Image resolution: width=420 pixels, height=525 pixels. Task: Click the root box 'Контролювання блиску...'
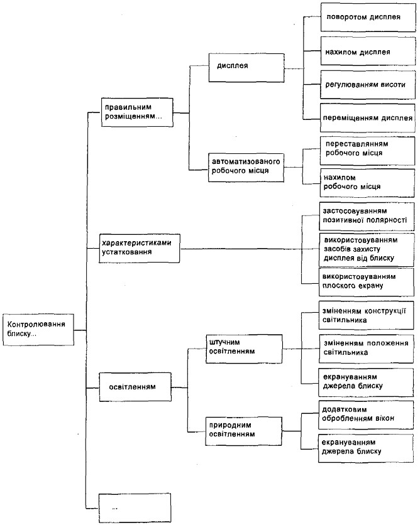click(x=38, y=330)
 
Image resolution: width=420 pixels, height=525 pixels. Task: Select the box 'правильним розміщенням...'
click(x=137, y=112)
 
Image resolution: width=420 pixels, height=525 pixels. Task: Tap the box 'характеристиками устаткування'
click(x=140, y=248)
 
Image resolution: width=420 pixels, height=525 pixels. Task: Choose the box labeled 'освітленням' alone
click(x=135, y=387)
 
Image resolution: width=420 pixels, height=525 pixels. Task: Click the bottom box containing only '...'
click(x=135, y=507)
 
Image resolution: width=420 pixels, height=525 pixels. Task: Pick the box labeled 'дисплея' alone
click(x=246, y=67)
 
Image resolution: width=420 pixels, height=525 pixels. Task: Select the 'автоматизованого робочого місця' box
click(x=246, y=167)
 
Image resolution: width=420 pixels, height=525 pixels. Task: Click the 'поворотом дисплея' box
click(x=368, y=17)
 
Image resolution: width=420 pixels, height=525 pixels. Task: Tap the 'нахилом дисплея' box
click(x=368, y=51)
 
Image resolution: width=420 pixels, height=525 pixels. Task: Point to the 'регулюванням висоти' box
click(x=368, y=84)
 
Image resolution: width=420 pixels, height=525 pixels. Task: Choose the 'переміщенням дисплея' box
click(x=367, y=118)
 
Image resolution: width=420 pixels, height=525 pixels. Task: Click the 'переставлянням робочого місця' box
click(x=367, y=150)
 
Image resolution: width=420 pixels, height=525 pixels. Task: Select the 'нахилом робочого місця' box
click(x=367, y=183)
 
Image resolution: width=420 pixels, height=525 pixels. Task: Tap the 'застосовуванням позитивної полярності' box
click(x=367, y=216)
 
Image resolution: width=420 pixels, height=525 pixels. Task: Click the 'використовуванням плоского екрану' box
click(x=367, y=281)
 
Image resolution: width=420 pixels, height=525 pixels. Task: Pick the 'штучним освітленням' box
click(x=244, y=349)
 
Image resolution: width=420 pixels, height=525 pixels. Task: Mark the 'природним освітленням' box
click(x=244, y=431)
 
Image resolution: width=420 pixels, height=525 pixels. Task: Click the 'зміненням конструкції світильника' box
click(x=367, y=315)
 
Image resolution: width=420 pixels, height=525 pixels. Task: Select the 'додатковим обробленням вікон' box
click(x=366, y=415)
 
